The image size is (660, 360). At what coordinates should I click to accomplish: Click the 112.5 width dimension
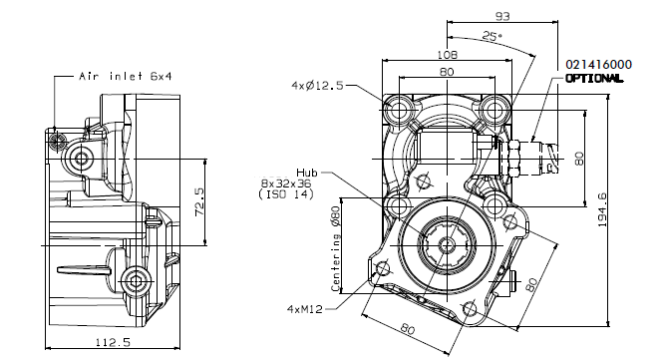point(113,342)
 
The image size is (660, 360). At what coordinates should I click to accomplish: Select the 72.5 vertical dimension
point(199,202)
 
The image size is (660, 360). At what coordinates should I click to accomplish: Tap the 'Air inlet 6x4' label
point(126,76)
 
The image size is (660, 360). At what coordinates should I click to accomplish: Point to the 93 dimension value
point(502,16)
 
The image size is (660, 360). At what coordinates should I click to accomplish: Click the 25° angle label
point(493,36)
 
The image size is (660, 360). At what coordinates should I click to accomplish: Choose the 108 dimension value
point(447,54)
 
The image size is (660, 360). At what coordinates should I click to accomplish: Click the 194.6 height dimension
point(602,209)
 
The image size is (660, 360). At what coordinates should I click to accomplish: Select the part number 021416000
point(598,65)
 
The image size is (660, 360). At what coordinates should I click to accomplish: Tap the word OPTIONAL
point(594,79)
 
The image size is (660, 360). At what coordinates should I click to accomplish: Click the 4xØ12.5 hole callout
point(318,86)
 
